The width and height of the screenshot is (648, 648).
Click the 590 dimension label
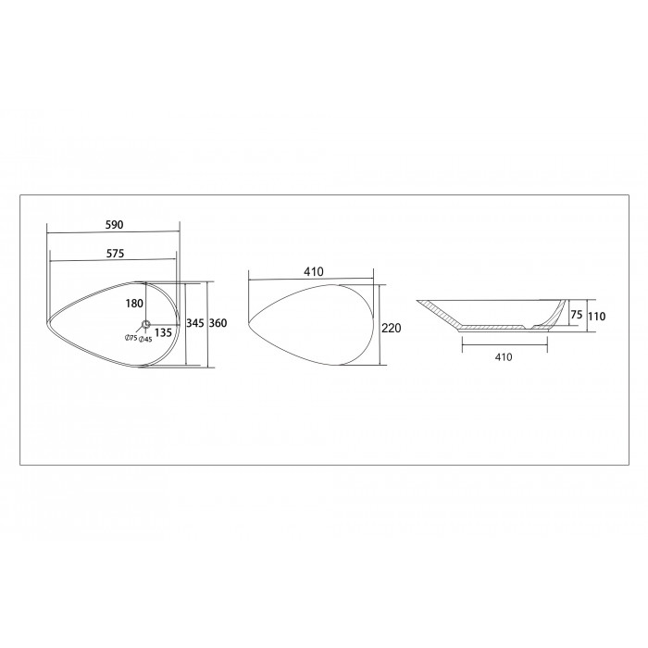coord(115,225)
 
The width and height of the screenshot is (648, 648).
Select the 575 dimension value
coord(115,254)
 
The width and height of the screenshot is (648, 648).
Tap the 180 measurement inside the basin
coord(134,304)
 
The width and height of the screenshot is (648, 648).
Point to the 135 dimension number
coord(163,332)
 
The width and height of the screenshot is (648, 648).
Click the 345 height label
coord(195,323)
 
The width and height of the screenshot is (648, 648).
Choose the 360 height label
coord(218,323)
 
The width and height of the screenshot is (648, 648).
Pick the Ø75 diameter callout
coord(131,338)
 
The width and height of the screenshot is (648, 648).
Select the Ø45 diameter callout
coord(145,340)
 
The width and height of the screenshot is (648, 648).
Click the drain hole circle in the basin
coord(146,324)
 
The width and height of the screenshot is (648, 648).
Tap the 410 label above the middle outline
coord(314,271)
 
